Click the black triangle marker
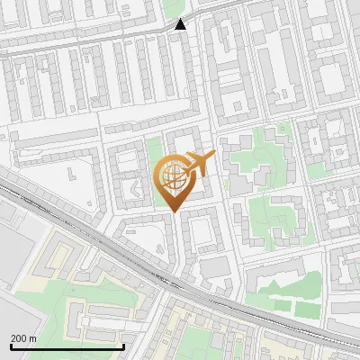coord(181,23)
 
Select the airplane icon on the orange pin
coord(200,164)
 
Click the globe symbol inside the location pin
coord(175,177)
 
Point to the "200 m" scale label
coord(23,337)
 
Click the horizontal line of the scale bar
coord(67,346)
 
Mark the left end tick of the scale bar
coord(11,345)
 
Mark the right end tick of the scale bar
coord(123,345)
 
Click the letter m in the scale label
coord(32,337)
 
